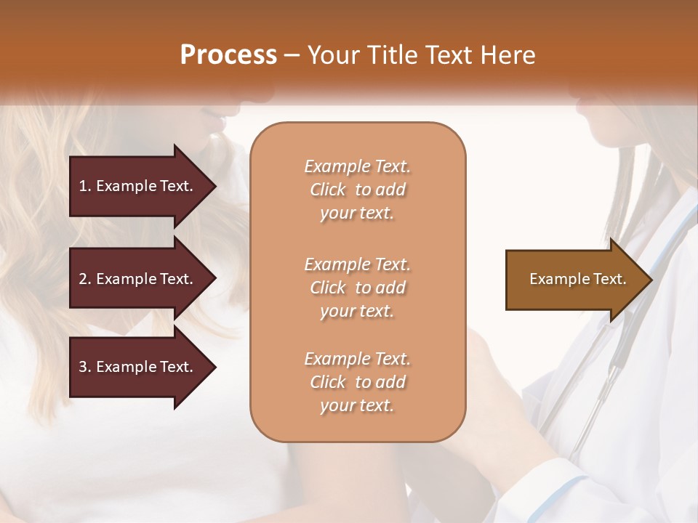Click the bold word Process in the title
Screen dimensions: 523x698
[x=228, y=55]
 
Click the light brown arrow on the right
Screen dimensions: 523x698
[x=574, y=280]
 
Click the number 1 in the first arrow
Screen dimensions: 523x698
[x=83, y=186]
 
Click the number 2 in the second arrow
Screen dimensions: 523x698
[x=83, y=279]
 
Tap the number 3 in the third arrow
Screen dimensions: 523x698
[x=83, y=367]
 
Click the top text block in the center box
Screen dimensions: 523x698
[x=357, y=190]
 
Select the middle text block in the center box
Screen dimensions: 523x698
[x=357, y=288]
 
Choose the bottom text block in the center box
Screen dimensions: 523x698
[x=357, y=382]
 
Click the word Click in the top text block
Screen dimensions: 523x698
[x=328, y=190]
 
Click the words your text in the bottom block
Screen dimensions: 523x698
[x=357, y=405]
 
